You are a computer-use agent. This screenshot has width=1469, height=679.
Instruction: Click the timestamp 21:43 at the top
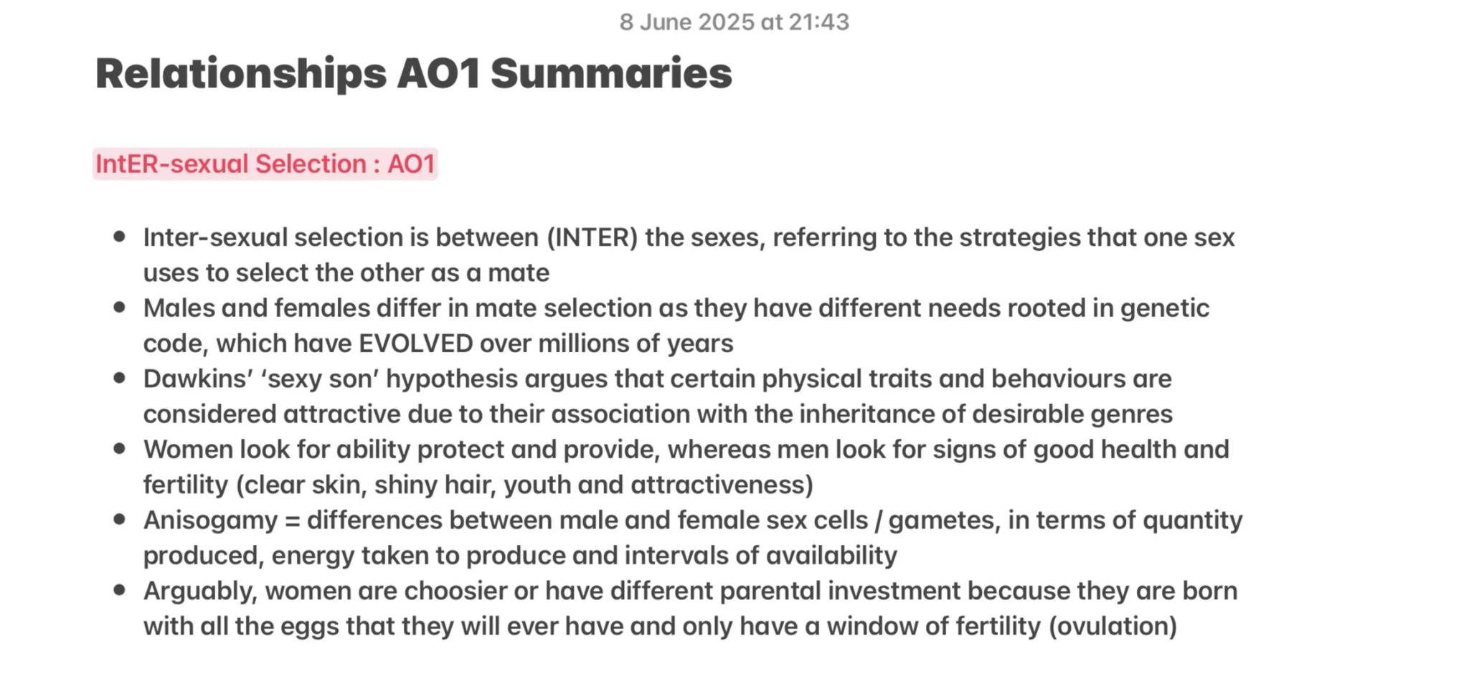point(818,22)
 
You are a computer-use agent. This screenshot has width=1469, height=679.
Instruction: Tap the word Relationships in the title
point(240,73)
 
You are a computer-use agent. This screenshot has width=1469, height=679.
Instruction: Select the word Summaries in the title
point(611,73)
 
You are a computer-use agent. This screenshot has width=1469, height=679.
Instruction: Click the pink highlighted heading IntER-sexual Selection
point(265,164)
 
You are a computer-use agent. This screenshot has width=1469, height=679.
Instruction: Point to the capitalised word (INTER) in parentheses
point(592,237)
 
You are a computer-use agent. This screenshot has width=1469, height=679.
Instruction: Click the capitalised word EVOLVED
point(415,343)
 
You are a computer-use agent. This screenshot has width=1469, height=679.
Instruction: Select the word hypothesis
point(451,379)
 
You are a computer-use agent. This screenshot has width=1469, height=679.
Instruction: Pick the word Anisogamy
point(209,520)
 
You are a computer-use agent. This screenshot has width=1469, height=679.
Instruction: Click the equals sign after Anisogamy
point(292,521)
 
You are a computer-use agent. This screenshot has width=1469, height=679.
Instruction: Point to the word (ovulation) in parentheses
point(1113,626)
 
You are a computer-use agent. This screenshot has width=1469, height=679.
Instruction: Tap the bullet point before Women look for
point(120,449)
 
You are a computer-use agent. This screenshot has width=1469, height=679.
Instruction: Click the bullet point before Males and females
point(120,308)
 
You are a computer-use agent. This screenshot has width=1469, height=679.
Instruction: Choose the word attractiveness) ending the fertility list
point(722,485)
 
